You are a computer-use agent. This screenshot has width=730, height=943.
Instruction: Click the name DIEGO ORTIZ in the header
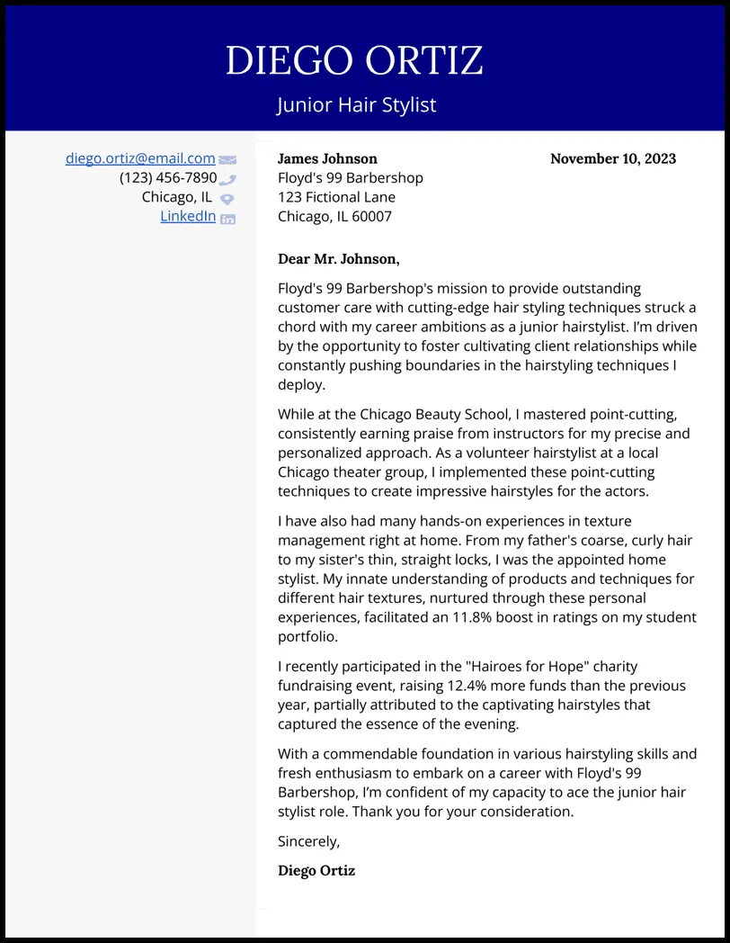point(354,60)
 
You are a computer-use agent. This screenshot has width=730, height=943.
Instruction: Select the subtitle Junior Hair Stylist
point(356,104)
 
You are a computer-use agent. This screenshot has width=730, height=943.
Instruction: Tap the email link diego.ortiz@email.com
point(140,158)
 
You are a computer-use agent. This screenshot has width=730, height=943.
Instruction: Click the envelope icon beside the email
point(227,160)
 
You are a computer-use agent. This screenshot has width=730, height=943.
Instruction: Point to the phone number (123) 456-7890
point(168,177)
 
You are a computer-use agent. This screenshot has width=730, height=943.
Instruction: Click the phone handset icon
point(227,180)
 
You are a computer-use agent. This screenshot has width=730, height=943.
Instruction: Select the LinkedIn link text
point(188,216)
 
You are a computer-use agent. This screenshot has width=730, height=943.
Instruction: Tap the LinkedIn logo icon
point(227,218)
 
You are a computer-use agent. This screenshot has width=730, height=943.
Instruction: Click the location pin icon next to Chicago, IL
point(227,199)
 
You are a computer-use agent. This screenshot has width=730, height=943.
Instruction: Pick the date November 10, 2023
point(613,158)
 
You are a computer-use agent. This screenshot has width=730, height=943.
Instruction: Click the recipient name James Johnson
point(327,158)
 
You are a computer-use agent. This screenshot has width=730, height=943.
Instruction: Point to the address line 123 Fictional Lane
point(336,197)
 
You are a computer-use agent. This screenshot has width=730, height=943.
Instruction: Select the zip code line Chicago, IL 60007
point(334,216)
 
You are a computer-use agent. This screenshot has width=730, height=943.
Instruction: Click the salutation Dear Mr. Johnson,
point(339,259)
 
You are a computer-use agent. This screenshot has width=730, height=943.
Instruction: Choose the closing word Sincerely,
point(309,841)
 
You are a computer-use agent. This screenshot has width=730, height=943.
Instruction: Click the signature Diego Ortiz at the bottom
point(316,870)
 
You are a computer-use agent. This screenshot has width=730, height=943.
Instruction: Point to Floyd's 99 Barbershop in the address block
point(351,178)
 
